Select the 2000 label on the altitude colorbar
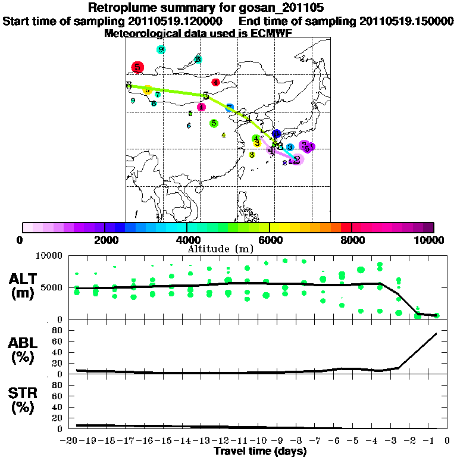coord(105,240)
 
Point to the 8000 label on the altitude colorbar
coord(352,240)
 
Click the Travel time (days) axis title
coord(260,452)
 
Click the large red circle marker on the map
coord(138,67)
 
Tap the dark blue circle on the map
coord(276,134)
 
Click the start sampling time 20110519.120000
coord(176,21)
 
